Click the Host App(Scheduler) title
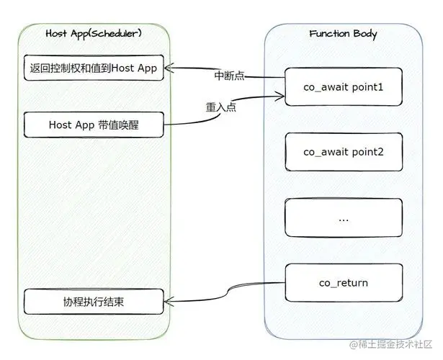pos(94,34)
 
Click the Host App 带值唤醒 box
pos(94,124)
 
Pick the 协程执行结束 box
pos(94,301)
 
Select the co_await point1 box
pos(343,86)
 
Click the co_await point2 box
pos(343,152)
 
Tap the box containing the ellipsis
pos(343,217)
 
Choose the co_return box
pos(343,282)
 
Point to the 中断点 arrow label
pos(230,76)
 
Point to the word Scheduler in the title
pos(116,34)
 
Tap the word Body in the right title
pos(362,34)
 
